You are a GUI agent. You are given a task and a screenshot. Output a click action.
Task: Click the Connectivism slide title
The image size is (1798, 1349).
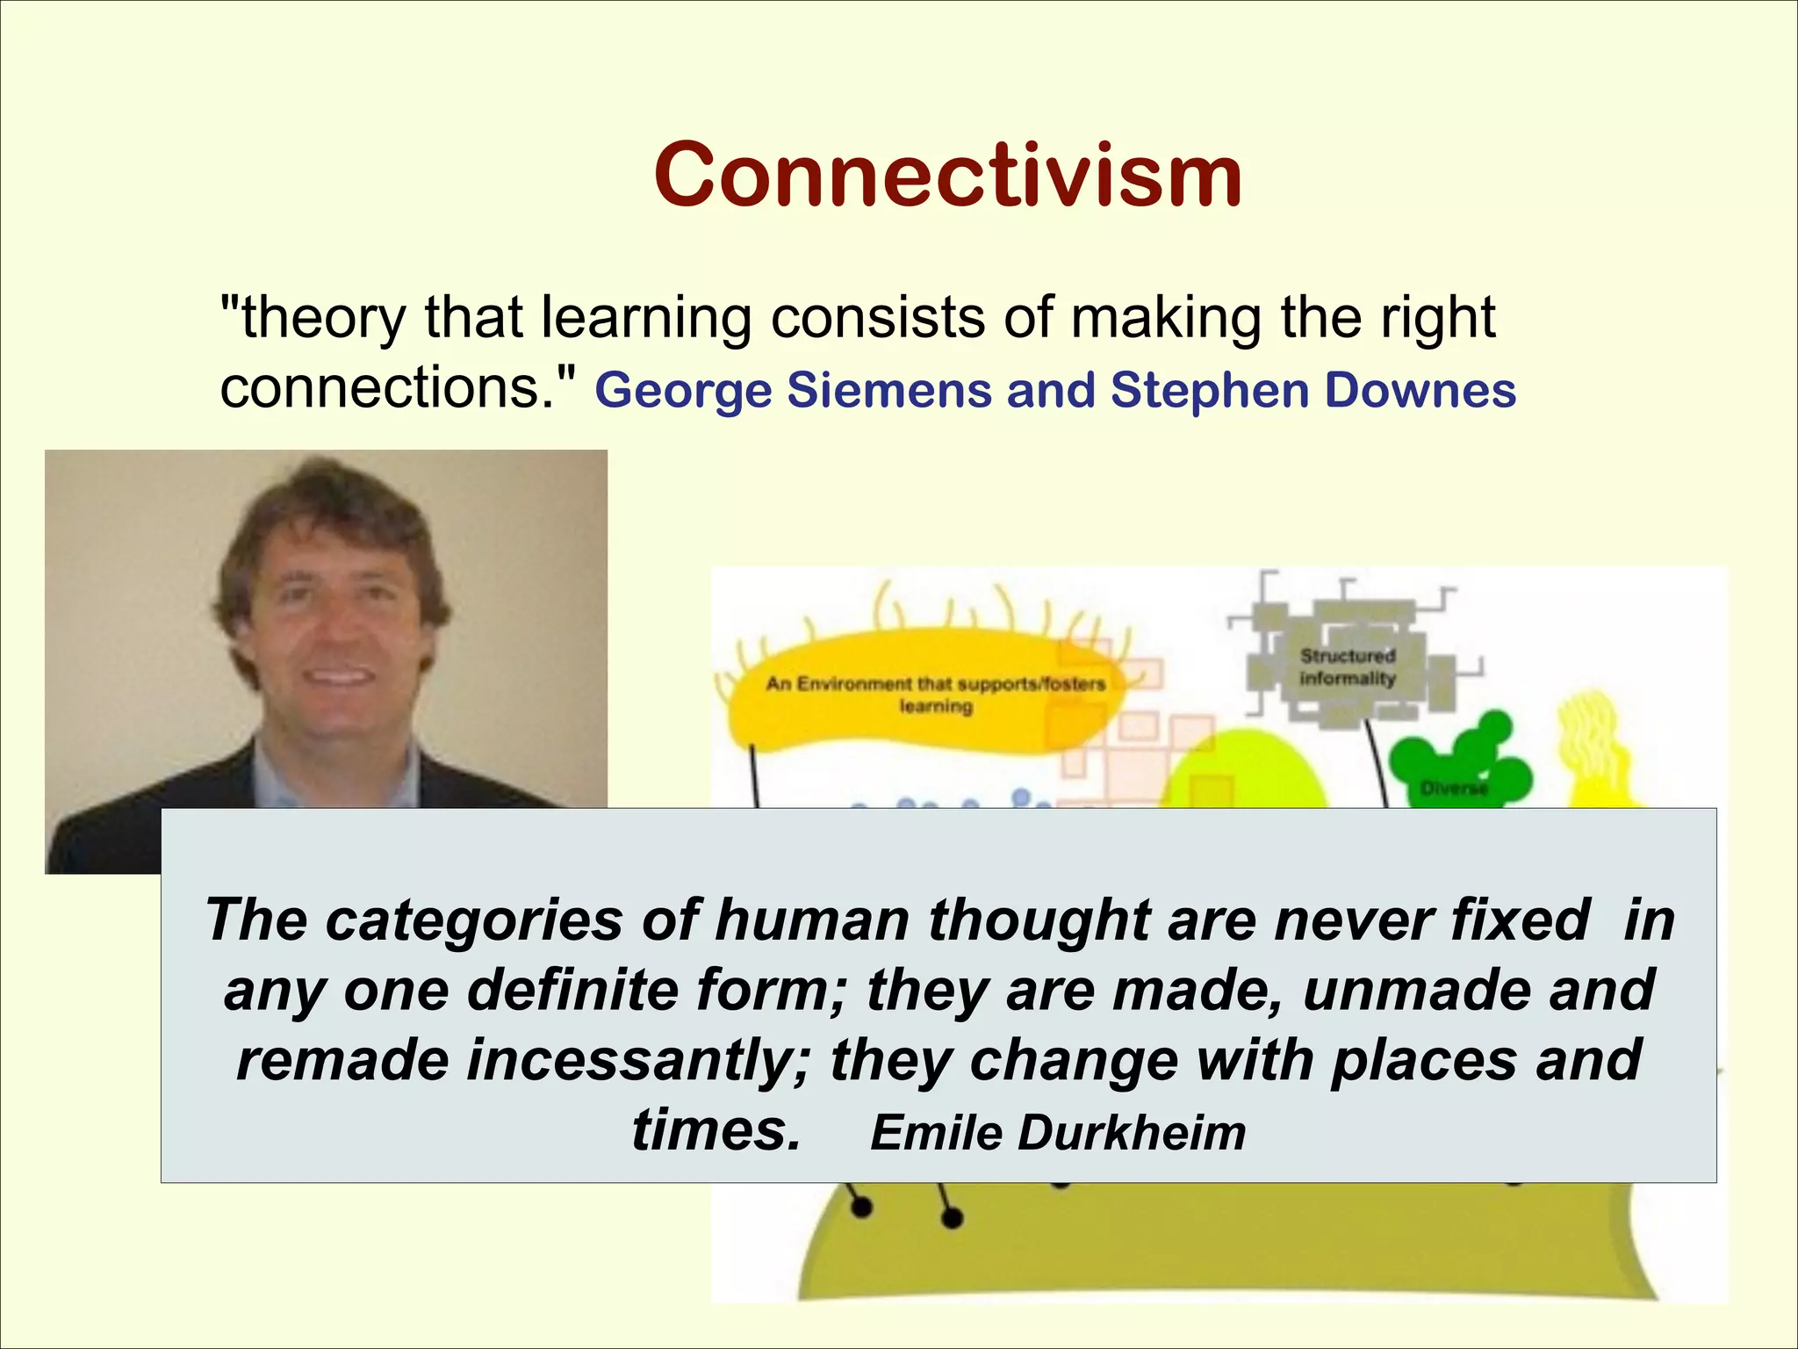click(x=947, y=176)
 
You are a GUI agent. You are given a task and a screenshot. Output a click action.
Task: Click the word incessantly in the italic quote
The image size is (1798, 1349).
click(x=638, y=1060)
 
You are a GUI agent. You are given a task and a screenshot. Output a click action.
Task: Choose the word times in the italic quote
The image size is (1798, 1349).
click(x=715, y=1130)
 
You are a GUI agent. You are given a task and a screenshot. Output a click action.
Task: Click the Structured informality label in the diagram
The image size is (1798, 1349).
click(x=1347, y=667)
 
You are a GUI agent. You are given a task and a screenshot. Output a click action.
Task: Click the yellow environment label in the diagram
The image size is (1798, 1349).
click(x=934, y=694)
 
